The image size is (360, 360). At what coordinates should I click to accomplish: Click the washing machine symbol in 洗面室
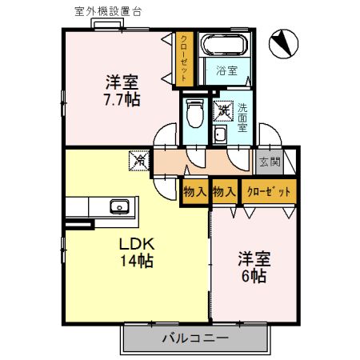pyautogui.click(x=224, y=110)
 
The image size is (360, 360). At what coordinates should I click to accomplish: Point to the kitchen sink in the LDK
pyautogui.click(x=120, y=206)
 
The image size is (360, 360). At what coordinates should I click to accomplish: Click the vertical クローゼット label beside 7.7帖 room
pyautogui.click(x=184, y=57)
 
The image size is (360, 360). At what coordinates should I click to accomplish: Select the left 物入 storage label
pyautogui.click(x=194, y=192)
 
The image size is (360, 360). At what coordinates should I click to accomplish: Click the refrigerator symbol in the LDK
pyautogui.click(x=138, y=160)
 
